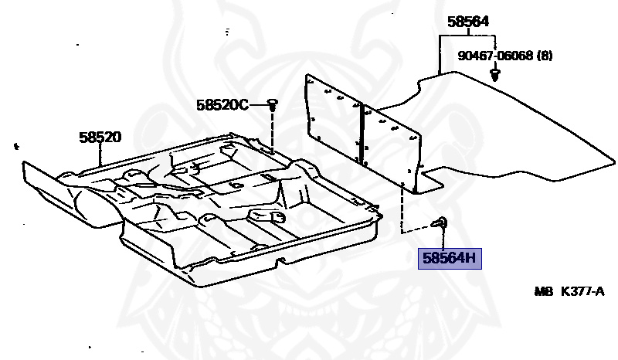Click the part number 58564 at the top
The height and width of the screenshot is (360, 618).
(468, 22)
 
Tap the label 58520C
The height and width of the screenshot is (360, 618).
(222, 105)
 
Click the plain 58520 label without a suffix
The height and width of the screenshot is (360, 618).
(100, 138)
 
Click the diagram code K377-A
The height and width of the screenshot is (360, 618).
(582, 292)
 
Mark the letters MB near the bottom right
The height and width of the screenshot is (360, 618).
(544, 292)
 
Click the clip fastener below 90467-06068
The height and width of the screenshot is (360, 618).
(495, 74)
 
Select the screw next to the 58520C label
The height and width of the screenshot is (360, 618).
(273, 104)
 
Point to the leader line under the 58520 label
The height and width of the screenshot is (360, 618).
(100, 155)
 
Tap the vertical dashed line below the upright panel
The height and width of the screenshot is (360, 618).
(402, 209)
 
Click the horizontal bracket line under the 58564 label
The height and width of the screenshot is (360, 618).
(467, 36)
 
